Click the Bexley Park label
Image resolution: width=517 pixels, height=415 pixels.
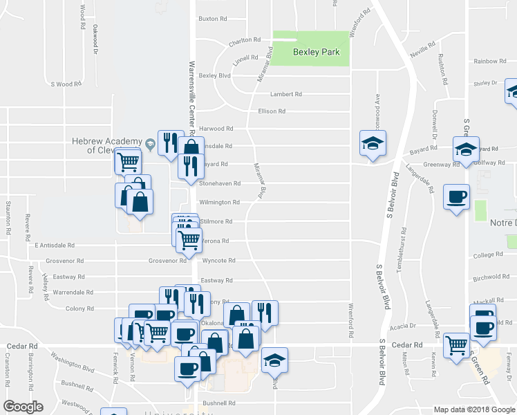click(310, 52)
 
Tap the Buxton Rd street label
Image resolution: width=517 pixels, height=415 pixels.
click(213, 19)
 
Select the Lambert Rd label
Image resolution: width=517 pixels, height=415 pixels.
click(287, 94)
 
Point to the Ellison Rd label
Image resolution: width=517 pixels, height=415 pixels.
click(272, 111)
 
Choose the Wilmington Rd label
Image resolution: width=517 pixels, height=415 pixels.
click(219, 203)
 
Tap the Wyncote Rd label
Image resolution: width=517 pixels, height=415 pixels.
click(219, 261)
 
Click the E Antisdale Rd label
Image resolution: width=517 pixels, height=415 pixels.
click(54, 245)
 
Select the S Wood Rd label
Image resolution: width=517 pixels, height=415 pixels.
click(66, 84)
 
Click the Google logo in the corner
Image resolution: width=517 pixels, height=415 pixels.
click(23, 407)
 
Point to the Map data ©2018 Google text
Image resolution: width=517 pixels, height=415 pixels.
click(474, 409)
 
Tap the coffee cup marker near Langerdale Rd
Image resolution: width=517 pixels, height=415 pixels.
click(456, 196)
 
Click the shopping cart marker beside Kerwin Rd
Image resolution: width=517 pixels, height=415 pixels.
click(456, 344)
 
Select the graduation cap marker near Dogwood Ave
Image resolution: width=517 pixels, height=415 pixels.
click(373, 143)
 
